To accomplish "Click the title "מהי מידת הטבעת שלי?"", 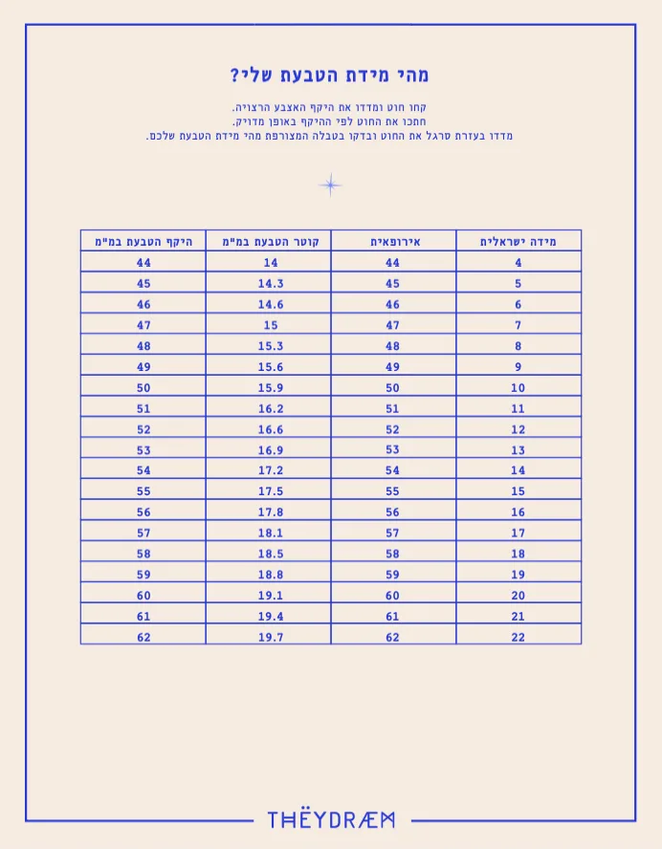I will pyautogui.click(x=330, y=75).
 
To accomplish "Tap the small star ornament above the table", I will pyautogui.click(x=330, y=185).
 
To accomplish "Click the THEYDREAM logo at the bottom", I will pyautogui.click(x=331, y=819).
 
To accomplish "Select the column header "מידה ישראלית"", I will pyautogui.click(x=518, y=241).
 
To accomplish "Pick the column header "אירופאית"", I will pyautogui.click(x=393, y=241).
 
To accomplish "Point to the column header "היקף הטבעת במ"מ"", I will pyautogui.click(x=143, y=241).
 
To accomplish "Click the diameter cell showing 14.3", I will pyautogui.click(x=271, y=283).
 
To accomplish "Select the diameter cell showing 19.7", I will pyautogui.click(x=271, y=637).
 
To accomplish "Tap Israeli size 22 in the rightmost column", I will pyautogui.click(x=518, y=637).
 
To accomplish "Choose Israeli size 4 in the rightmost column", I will pyautogui.click(x=518, y=263).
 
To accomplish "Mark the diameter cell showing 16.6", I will pyautogui.click(x=271, y=429).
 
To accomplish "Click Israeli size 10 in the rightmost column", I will pyautogui.click(x=518, y=387).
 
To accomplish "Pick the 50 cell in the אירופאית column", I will pyautogui.click(x=393, y=387).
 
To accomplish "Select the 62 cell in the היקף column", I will pyautogui.click(x=143, y=637).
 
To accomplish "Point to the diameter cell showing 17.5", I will pyautogui.click(x=271, y=491).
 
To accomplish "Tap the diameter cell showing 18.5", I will pyautogui.click(x=271, y=554).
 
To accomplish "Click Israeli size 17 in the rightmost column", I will pyautogui.click(x=518, y=533).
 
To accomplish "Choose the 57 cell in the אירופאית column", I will pyautogui.click(x=393, y=533).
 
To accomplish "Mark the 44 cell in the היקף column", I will pyautogui.click(x=143, y=263).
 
